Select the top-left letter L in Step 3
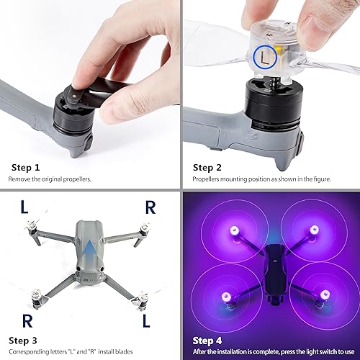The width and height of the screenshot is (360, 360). pyautogui.click(x=24, y=209)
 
